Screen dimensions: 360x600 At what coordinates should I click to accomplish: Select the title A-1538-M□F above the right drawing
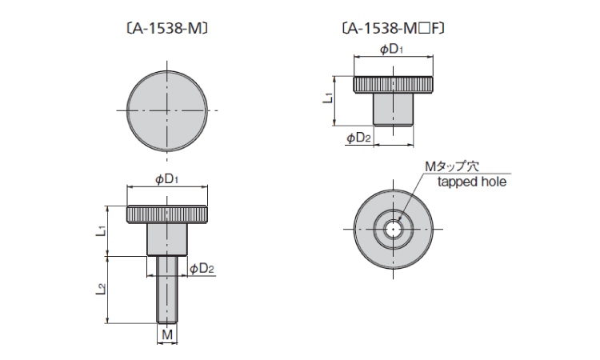coord(392,29)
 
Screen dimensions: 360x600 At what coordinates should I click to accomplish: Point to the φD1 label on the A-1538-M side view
coord(166,179)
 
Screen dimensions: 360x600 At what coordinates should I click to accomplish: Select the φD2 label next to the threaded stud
coord(202,269)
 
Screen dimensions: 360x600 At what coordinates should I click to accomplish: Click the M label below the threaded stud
coord(166,333)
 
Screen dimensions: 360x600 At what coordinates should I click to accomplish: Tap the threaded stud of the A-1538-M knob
coord(166,288)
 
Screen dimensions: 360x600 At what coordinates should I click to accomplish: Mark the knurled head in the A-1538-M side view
coord(167,214)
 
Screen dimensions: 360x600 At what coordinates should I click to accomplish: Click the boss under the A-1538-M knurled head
coord(166,238)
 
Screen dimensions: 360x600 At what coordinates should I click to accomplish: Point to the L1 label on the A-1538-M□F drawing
coord(328,99)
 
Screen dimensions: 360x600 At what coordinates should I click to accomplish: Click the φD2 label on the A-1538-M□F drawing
coord(358,138)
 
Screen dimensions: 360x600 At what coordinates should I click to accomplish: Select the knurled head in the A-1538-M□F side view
coord(393,84)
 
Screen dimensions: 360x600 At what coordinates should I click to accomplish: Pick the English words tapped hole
coord(472,182)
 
